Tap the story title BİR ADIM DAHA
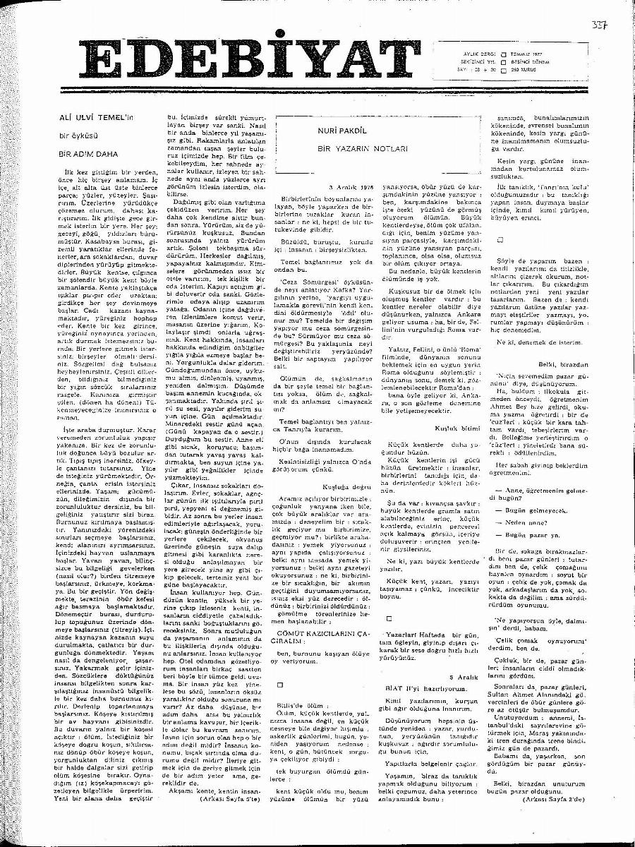pos(90,152)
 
